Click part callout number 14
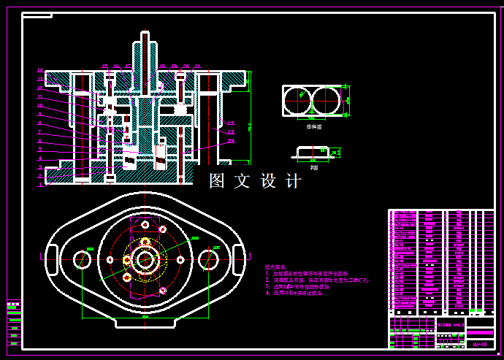tap(40, 71)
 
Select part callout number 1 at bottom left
tap(40, 184)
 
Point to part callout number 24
tap(231, 140)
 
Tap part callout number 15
tap(104, 66)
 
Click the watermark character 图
tap(218, 181)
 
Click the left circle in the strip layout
tap(297, 101)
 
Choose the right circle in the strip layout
tap(327, 101)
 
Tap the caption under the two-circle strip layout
tap(313, 126)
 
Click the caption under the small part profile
tap(313, 167)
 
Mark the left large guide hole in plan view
tap(81, 258)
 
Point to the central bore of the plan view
tap(145, 259)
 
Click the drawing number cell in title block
tap(480, 342)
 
